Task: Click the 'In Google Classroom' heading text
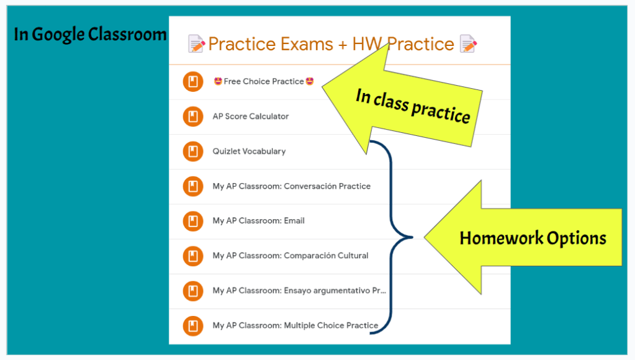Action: pos(90,34)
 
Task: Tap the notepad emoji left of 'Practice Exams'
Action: pos(196,43)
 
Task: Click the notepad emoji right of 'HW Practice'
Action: pos(468,43)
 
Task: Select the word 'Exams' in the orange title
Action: pos(307,43)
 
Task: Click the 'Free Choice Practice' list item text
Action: pos(264,81)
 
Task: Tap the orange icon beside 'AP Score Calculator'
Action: pos(193,117)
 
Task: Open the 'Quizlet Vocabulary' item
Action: pos(249,151)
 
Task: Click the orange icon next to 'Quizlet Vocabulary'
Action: pos(193,151)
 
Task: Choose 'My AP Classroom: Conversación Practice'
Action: pos(292,186)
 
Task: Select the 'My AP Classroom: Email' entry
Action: pos(258,221)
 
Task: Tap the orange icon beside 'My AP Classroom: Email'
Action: pos(193,221)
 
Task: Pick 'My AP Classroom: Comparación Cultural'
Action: pos(290,256)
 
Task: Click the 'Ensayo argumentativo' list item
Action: pos(299,290)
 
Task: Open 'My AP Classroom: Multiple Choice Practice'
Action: pos(295,325)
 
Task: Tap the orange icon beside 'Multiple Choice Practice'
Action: pos(193,326)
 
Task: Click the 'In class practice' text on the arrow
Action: pos(413,106)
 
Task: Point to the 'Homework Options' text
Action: pos(533,238)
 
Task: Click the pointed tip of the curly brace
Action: pos(412,237)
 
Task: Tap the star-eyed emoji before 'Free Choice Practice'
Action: pos(218,81)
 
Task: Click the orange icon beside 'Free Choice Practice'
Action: pos(193,81)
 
